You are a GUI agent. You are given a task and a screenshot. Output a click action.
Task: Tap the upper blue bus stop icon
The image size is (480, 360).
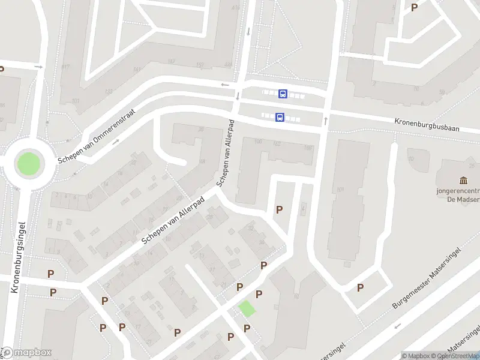[283, 94]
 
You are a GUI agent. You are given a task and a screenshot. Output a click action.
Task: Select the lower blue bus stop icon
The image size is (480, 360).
[280, 118]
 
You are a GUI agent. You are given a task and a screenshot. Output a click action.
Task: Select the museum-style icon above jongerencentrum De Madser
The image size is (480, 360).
[463, 181]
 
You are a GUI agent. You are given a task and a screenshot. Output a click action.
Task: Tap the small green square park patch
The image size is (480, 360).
[247, 309]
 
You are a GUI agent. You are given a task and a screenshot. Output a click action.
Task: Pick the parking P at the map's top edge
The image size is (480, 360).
[414, 7]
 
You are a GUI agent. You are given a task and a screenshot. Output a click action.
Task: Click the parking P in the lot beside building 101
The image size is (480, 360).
[360, 287]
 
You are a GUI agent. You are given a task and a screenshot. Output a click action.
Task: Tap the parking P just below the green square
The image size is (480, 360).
[247, 328]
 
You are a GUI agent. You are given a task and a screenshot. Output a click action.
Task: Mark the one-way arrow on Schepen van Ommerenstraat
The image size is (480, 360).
[115, 142]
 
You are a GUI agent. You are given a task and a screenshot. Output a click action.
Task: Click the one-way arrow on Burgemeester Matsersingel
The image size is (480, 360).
[397, 326]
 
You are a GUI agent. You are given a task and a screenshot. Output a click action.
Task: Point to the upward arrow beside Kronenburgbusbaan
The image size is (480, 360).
[326, 121]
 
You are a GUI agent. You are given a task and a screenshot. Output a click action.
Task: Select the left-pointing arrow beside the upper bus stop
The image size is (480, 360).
[225, 85]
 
